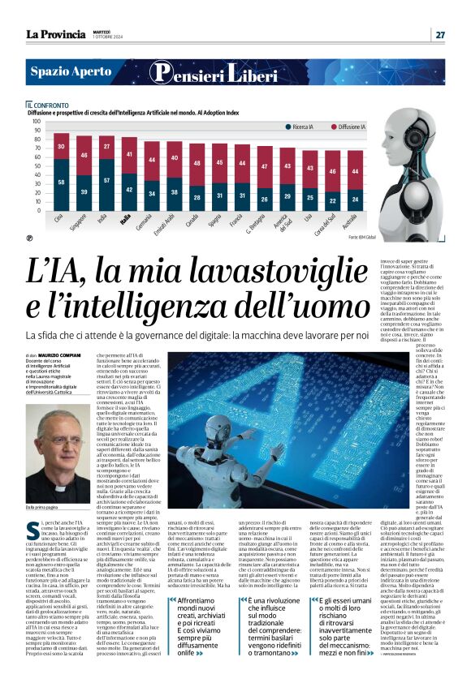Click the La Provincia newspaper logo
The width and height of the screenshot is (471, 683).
[x=55, y=34]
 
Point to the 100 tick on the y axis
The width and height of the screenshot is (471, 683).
[x=36, y=122]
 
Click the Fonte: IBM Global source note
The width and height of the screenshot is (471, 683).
[x=353, y=237]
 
